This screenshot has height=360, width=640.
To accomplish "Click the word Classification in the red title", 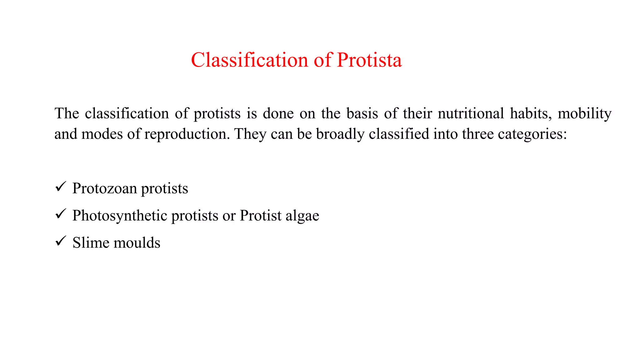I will pyautogui.click(x=250, y=60).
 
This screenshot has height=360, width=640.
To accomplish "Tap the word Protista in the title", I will pyautogui.click(x=369, y=60).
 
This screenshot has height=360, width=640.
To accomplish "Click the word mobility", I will pyautogui.click(x=584, y=114).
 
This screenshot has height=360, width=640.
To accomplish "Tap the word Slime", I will pyautogui.click(x=90, y=242).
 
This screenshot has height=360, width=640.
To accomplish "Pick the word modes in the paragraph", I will pyautogui.click(x=102, y=134).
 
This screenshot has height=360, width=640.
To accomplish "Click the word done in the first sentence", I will pyautogui.click(x=278, y=113).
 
